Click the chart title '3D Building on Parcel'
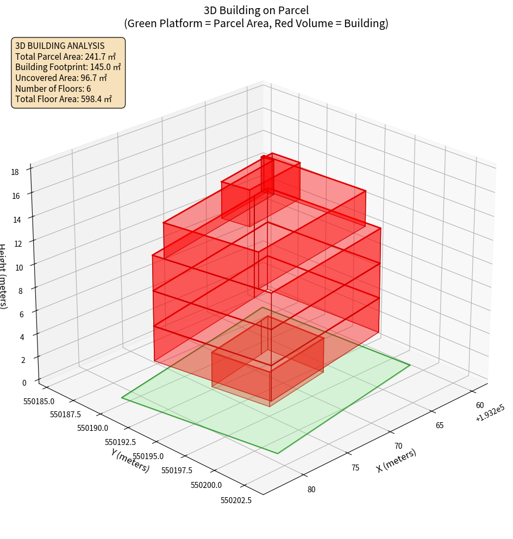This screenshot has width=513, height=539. tap(256, 10)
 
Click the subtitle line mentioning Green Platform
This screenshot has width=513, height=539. tap(256, 23)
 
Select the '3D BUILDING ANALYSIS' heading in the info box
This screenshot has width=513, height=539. tap(60, 46)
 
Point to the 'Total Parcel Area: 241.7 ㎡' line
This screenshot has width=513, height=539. tap(65, 57)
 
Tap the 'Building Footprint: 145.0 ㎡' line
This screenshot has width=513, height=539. tap(68, 67)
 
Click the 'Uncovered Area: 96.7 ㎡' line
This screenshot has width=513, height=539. tap(64, 78)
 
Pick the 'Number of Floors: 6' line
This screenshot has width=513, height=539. tap(53, 89)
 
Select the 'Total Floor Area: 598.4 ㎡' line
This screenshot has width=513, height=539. tap(64, 99)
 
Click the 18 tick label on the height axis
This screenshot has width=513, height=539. tap(15, 172)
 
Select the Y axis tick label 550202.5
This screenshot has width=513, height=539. tap(236, 500)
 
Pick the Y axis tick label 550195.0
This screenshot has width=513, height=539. tap(148, 455)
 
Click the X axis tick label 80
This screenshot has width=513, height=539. tap(311, 489)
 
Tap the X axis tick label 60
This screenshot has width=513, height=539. tap(480, 405)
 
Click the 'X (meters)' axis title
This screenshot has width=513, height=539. tap(397, 460)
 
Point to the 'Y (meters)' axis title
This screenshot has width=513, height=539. tap(130, 460)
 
